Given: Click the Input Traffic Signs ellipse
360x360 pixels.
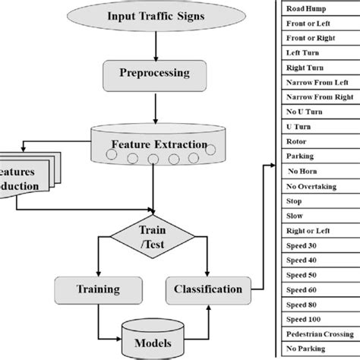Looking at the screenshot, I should click(x=154, y=16).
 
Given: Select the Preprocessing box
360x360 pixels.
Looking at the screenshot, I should click(x=154, y=74).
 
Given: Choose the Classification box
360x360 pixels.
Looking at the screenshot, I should click(x=207, y=289).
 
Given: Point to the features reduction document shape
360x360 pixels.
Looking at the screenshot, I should click(x=27, y=177).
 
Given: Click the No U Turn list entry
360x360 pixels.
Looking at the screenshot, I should click(x=304, y=112).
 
